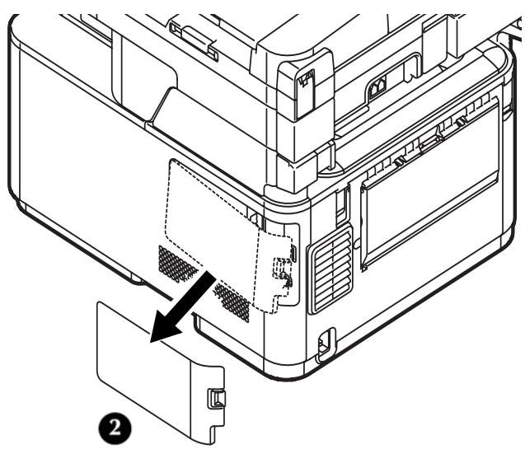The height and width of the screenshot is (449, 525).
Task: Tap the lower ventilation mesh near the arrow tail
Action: click(232, 301)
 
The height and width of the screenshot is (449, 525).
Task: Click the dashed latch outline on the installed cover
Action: click(283, 272)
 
